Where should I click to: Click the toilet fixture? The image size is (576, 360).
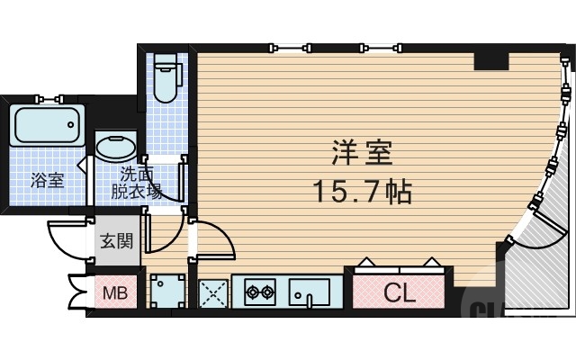(166, 78)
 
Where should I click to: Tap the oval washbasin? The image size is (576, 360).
(116, 148)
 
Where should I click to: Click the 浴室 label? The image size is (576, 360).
(47, 180)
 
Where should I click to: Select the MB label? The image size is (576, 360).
(114, 293)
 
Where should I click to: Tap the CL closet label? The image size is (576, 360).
(398, 292)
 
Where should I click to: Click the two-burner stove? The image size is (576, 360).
(259, 292)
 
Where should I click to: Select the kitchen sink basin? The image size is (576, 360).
(308, 292)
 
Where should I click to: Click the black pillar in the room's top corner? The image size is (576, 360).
(491, 60)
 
